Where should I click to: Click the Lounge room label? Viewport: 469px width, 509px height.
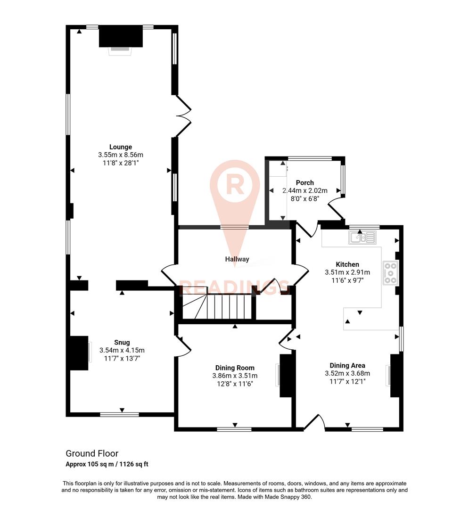[121, 147]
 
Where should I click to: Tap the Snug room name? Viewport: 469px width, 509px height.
[122, 343]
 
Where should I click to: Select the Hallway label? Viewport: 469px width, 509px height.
[237, 259]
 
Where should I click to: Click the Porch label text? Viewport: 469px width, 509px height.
[304, 183]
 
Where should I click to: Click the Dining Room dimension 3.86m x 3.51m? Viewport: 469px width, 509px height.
[235, 376]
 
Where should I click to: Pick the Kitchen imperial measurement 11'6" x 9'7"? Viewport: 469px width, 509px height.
[347, 280]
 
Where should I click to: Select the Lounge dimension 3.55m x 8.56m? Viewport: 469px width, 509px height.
[121, 155]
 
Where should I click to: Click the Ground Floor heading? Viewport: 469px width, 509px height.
[91, 453]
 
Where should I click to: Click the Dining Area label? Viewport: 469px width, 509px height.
[347, 365]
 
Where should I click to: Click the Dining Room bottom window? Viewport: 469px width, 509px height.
[234, 429]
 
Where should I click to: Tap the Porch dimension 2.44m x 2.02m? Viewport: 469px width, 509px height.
[304, 191]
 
